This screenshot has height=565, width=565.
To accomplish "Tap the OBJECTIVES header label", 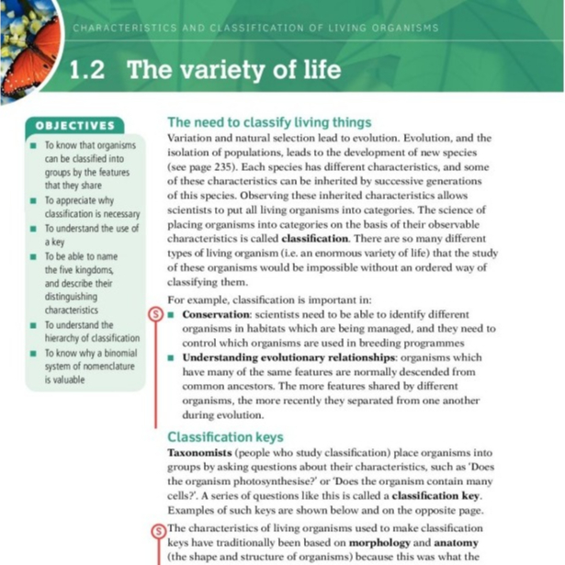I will (x=74, y=126).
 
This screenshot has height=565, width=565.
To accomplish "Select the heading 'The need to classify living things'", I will (x=268, y=122).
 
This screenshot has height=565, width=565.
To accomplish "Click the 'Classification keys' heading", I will (x=225, y=437).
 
